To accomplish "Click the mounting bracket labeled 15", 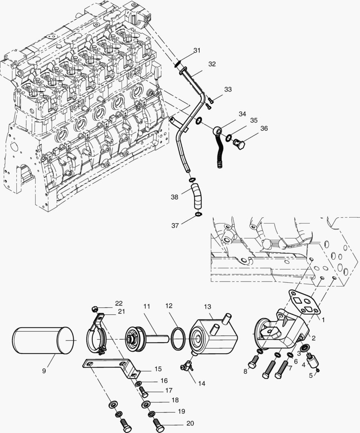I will [113, 366].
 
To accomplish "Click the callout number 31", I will [196, 51].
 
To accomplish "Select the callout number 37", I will [175, 226].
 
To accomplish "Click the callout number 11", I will [146, 306].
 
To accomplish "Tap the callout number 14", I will [201, 383].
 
